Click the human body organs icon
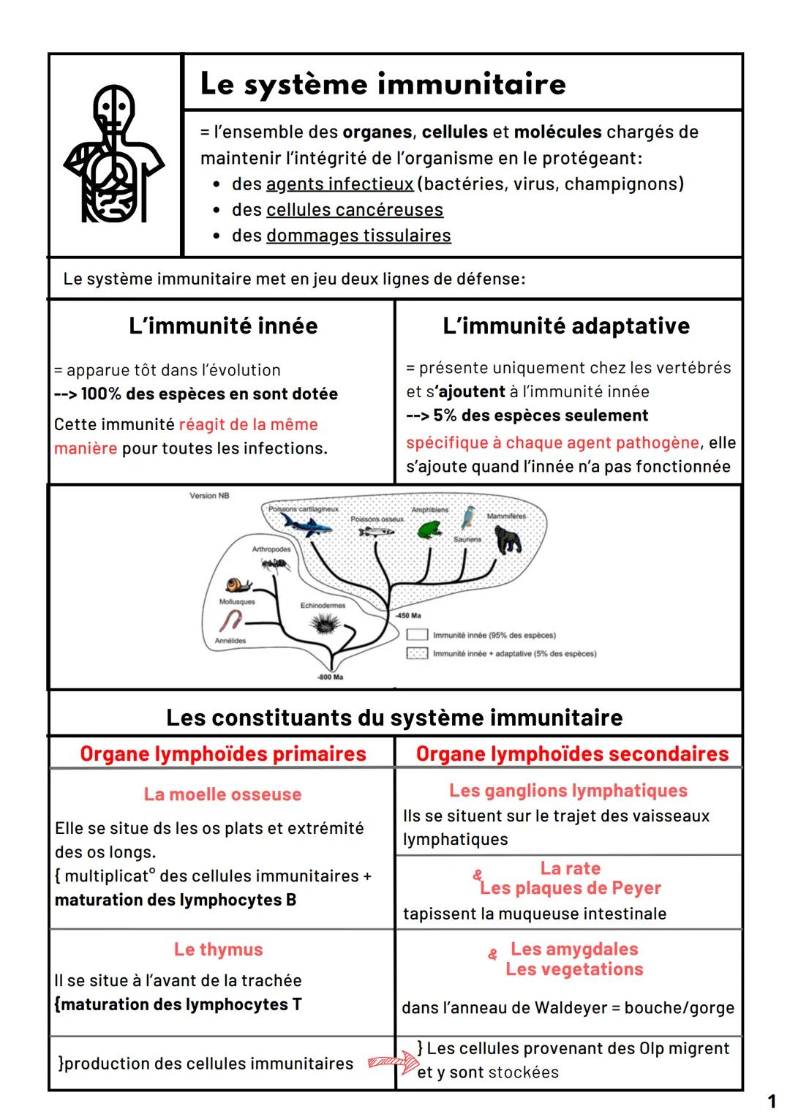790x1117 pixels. [x=113, y=154]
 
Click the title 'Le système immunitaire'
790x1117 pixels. [x=383, y=84]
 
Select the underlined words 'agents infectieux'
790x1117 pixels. [x=340, y=184]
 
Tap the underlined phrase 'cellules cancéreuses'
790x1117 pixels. [x=355, y=210]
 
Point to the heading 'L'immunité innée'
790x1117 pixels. [x=223, y=326]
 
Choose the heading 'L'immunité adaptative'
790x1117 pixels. [x=566, y=326]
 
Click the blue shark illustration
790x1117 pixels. [x=306, y=524]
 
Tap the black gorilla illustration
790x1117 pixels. [x=509, y=540]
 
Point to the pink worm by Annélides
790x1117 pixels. [x=231, y=623]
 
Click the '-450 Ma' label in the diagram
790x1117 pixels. [x=408, y=616]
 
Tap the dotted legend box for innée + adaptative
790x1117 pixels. [x=417, y=653]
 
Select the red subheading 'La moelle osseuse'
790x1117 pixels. [x=222, y=794]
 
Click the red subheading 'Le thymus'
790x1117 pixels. [x=218, y=949]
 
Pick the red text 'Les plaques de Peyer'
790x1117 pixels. [x=571, y=888]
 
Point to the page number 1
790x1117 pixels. [x=771, y=1101]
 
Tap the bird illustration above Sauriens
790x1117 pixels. [x=467, y=517]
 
